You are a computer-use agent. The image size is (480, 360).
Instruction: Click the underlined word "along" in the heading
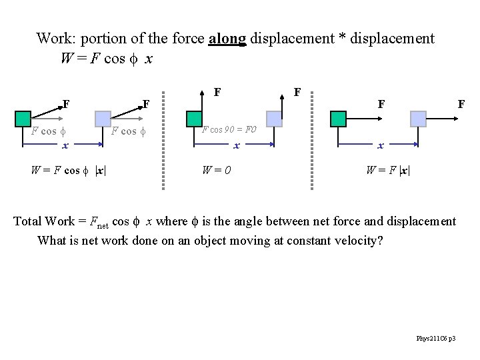[x=227, y=39]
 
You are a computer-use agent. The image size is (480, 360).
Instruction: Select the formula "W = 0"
[x=217, y=169]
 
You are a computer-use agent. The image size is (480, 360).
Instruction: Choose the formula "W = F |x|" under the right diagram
[x=388, y=169]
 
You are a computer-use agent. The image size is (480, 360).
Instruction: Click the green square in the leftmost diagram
[x=22, y=119]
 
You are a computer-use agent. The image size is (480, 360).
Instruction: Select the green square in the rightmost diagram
[x=338, y=119]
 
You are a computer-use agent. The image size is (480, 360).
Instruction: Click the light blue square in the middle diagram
[x=273, y=119]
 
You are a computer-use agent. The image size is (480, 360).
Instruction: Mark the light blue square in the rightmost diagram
[x=418, y=119]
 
